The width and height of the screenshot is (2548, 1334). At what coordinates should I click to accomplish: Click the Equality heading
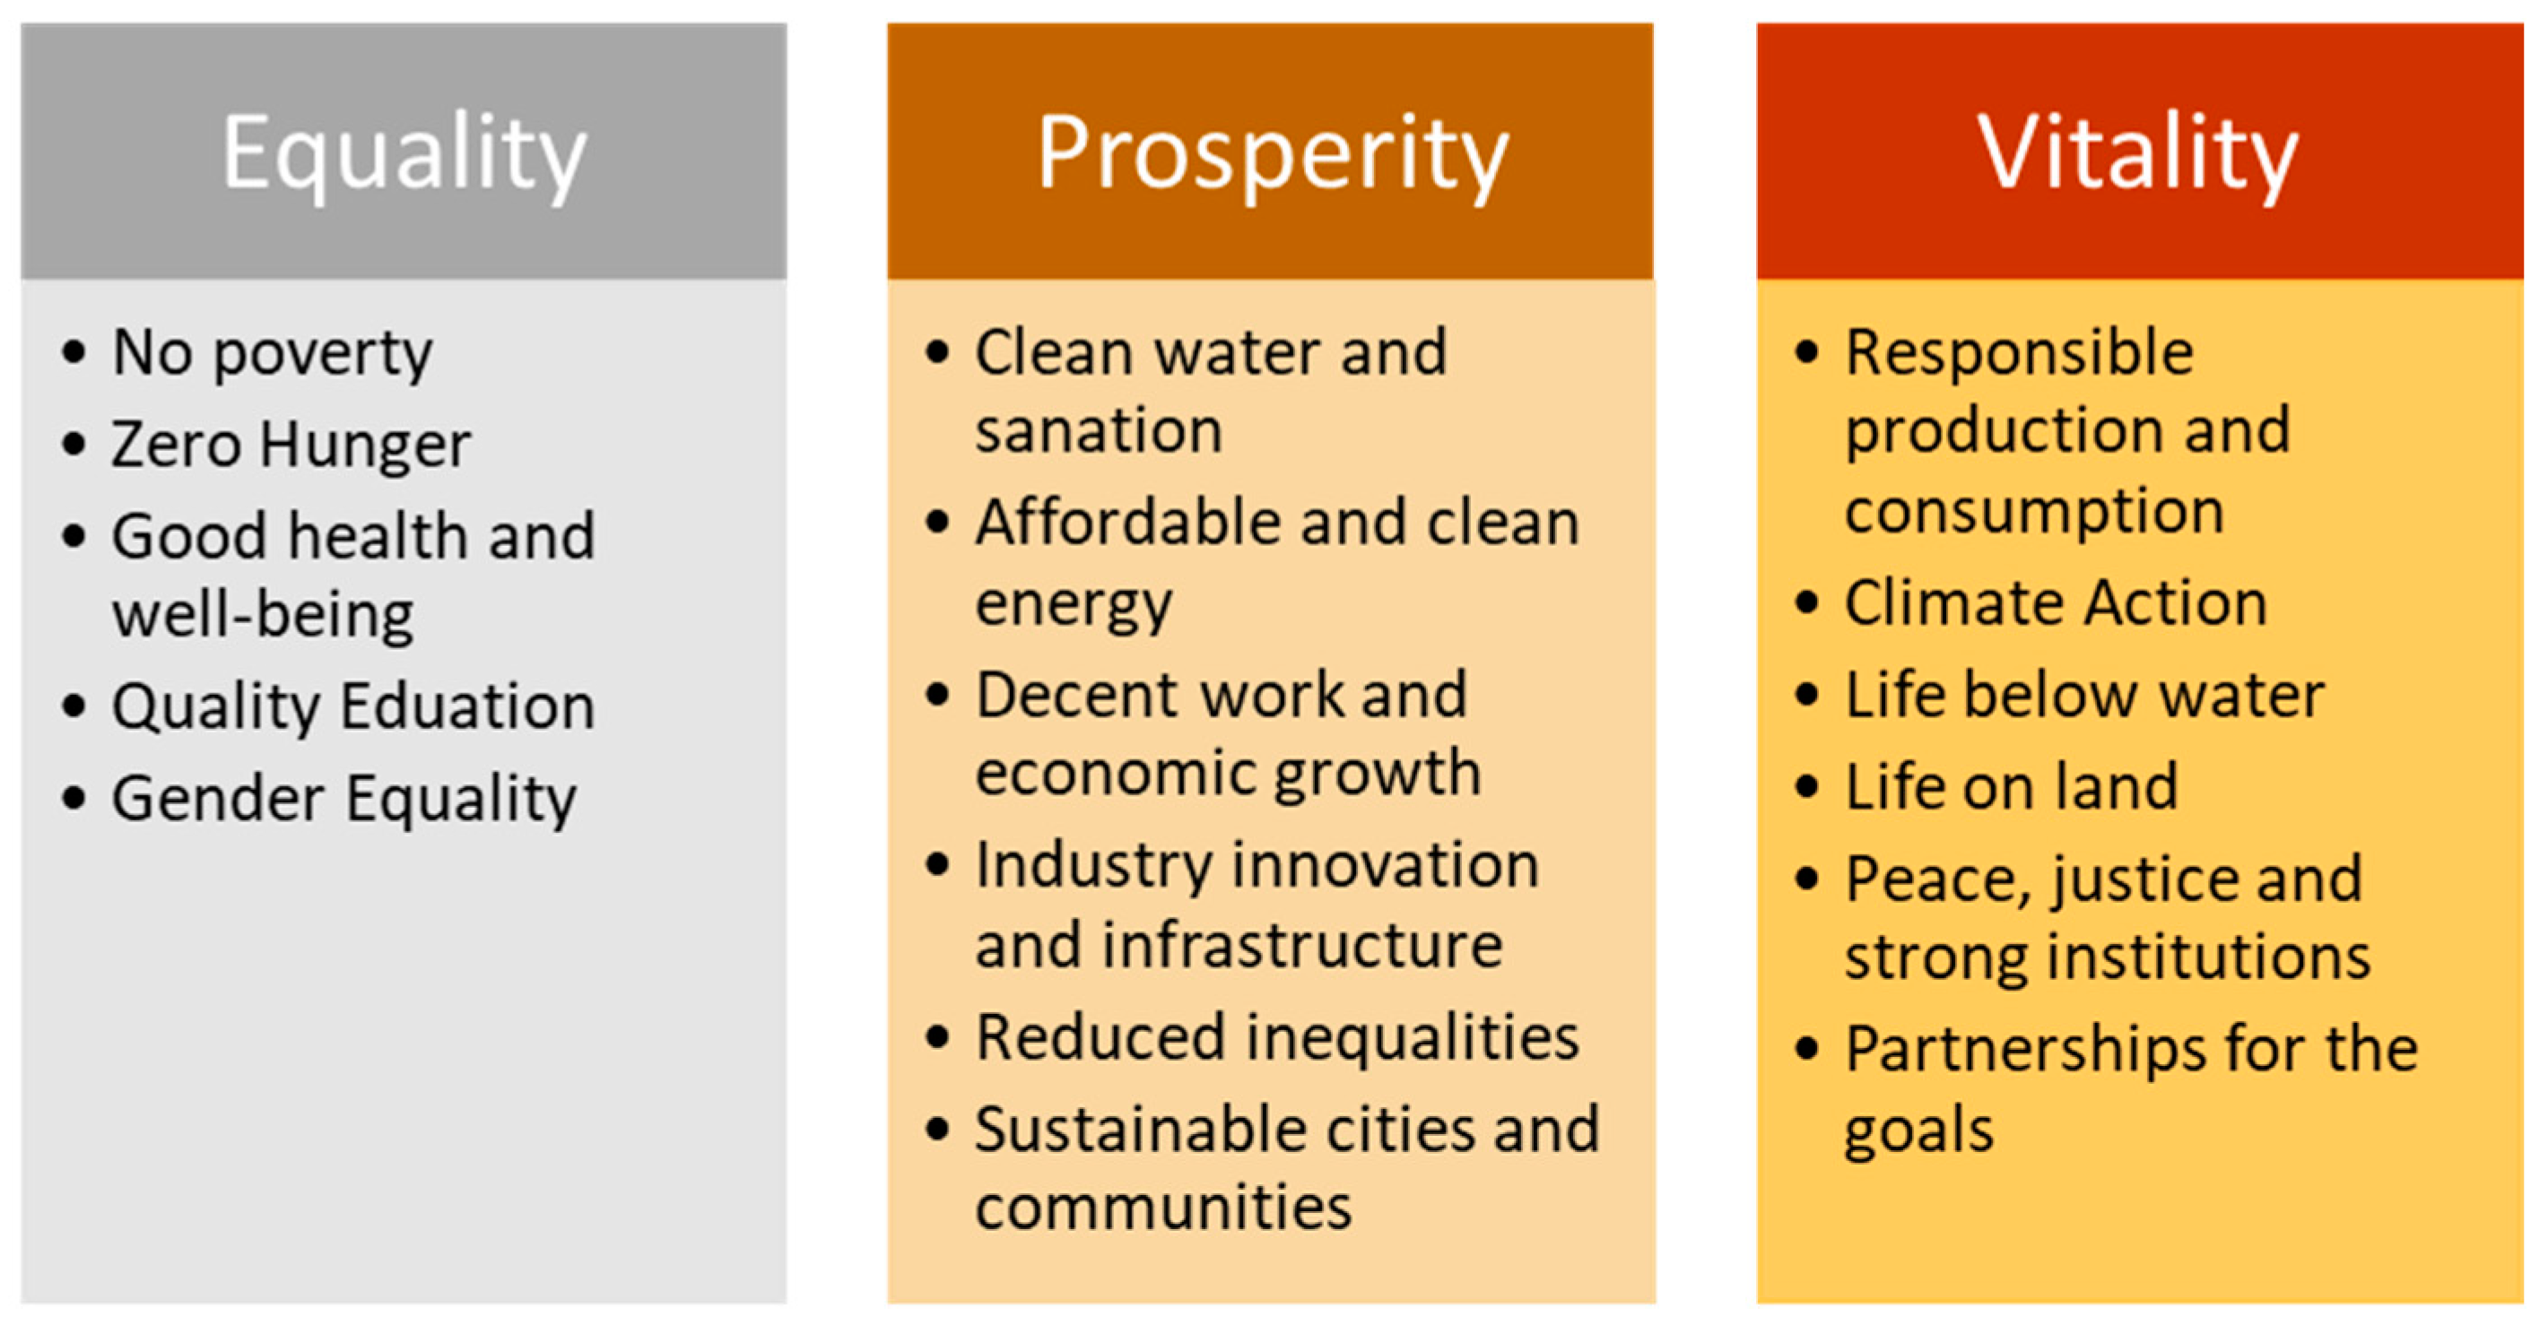pos(404,153)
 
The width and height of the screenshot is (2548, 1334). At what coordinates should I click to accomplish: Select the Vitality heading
pos(2137,153)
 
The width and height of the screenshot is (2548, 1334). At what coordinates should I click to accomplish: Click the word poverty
pos(323,353)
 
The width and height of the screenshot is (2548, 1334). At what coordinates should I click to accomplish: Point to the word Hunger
pos(365,444)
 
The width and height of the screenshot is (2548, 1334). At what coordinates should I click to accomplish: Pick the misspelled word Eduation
pos(468,706)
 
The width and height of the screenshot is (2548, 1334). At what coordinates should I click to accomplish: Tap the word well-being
pos(263,615)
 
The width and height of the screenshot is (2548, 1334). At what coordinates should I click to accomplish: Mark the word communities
pos(1163,1208)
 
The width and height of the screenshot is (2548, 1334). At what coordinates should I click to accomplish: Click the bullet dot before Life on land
pos(1806,787)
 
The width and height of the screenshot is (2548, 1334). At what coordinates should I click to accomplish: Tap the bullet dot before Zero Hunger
pos(74,444)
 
